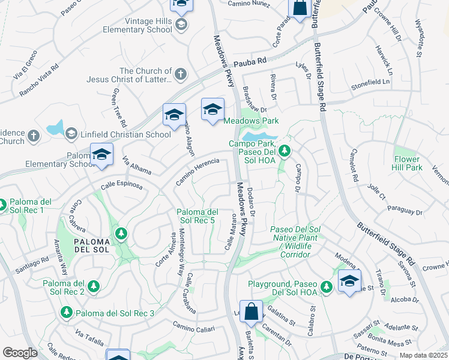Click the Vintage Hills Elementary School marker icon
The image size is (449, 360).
coord(181,25)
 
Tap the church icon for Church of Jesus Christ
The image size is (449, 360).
coord(180,75)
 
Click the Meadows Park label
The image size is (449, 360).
coord(251,121)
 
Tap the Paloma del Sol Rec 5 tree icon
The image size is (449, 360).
coord(121,232)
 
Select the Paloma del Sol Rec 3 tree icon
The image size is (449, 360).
coord(67,313)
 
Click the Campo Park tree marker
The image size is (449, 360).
coord(286,151)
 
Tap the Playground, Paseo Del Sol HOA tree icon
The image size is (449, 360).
coord(326,287)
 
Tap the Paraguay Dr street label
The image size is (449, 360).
coord(405,211)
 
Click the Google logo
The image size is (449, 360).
coord(20,353)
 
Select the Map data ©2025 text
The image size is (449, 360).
coord(424,355)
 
